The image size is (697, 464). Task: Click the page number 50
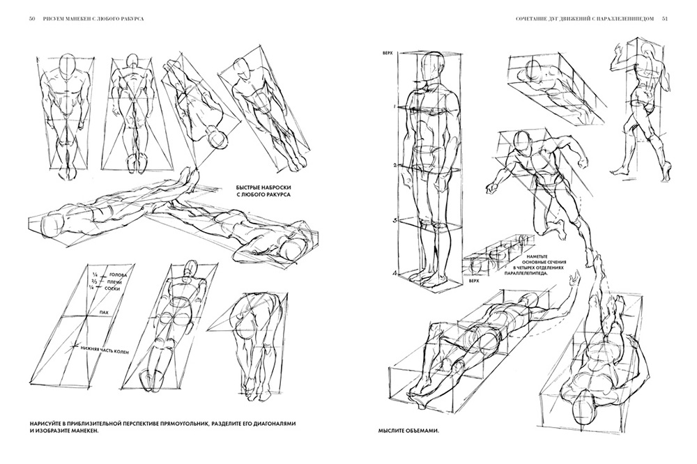click(33, 19)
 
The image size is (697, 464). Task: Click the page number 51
click(665, 19)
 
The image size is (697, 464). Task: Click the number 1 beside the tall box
click(394, 107)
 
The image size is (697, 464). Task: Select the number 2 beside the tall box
click(394, 165)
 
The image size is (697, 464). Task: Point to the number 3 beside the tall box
click(394, 221)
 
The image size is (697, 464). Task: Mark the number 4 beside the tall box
click(395, 274)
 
